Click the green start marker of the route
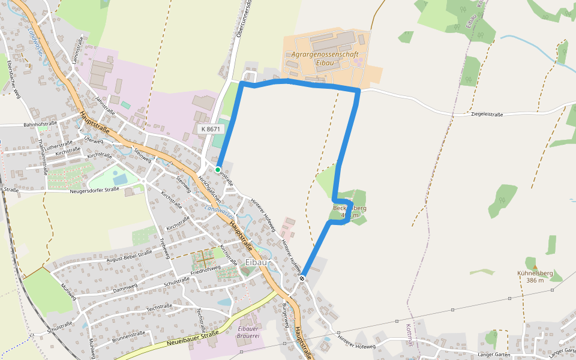click(218, 169)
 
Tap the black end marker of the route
click(302, 278)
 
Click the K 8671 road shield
click(211, 129)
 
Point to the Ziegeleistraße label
click(487, 114)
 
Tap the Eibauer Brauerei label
click(248, 332)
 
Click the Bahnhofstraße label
click(40, 124)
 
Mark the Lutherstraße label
click(58, 146)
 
